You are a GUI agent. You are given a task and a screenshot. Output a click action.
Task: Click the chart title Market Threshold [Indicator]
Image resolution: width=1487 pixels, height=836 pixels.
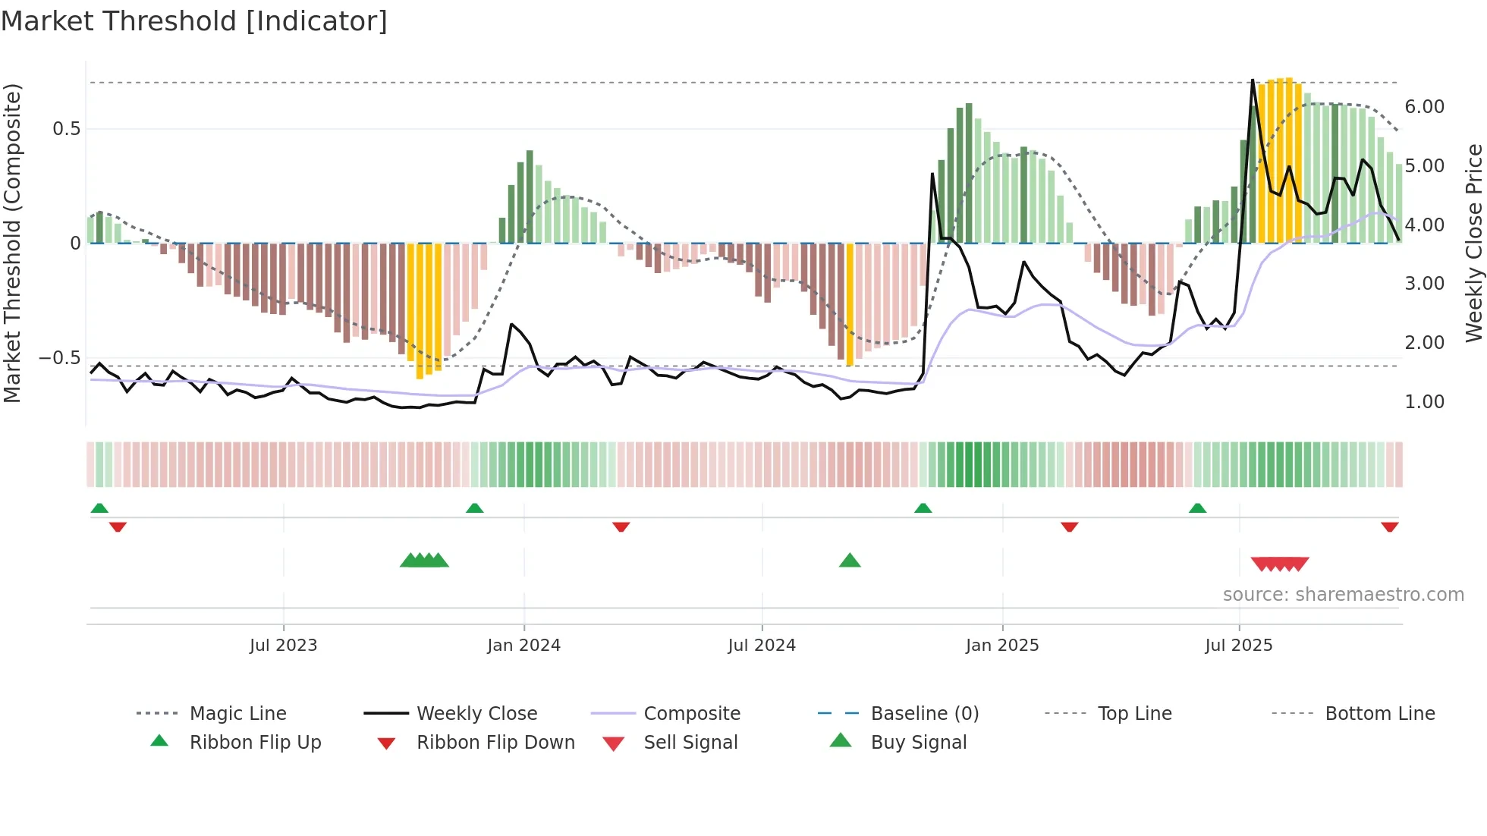(x=194, y=21)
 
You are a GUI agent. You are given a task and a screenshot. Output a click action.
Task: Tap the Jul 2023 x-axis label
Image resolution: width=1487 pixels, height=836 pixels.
(x=283, y=645)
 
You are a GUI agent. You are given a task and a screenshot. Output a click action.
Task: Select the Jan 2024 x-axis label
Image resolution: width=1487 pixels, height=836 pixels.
(x=523, y=645)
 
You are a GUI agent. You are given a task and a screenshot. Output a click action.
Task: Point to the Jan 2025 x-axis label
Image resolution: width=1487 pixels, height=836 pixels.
(x=1002, y=645)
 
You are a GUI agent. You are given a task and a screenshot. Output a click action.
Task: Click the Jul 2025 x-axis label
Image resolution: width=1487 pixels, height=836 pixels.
(x=1239, y=645)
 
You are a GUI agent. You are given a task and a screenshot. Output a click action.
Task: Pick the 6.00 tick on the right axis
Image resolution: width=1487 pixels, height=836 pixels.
(x=1424, y=107)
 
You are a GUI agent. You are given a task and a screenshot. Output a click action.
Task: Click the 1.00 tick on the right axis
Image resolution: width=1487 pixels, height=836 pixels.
(x=1424, y=402)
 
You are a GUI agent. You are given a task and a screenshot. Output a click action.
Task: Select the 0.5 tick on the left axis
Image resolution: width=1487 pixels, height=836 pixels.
(x=66, y=129)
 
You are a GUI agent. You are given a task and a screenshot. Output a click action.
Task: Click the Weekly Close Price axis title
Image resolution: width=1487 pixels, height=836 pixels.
(x=1473, y=243)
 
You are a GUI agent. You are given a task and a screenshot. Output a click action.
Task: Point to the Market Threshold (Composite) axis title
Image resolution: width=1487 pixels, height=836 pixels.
(x=12, y=243)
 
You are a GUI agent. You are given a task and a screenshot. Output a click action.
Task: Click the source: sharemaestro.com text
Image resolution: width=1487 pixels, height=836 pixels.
(x=1343, y=595)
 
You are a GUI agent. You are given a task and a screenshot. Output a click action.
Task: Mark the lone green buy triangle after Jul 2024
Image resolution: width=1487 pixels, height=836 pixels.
(x=850, y=561)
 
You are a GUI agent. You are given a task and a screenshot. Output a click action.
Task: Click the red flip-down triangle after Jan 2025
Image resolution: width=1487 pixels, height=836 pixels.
(x=1070, y=526)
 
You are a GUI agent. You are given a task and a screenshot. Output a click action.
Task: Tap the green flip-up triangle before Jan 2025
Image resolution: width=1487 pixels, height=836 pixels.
(x=923, y=508)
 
